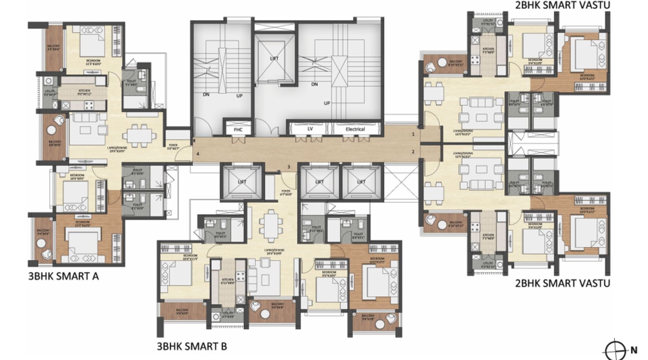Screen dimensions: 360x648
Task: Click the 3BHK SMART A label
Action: [63, 277]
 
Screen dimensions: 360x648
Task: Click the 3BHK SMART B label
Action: [192, 346]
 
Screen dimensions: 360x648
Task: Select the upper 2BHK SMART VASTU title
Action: [562, 5]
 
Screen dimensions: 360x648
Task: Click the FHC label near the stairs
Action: [238, 130]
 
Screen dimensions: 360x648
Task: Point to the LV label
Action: [310, 129]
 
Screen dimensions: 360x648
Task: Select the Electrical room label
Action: [355, 129]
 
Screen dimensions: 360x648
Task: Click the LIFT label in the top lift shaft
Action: [274, 59]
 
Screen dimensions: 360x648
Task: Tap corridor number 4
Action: [198, 154]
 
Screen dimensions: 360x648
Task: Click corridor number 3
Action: [289, 167]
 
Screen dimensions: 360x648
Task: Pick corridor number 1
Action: [413, 134]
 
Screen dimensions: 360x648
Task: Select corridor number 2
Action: [413, 152]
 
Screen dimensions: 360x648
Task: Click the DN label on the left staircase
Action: [206, 94]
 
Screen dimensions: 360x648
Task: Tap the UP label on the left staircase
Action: [240, 96]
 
